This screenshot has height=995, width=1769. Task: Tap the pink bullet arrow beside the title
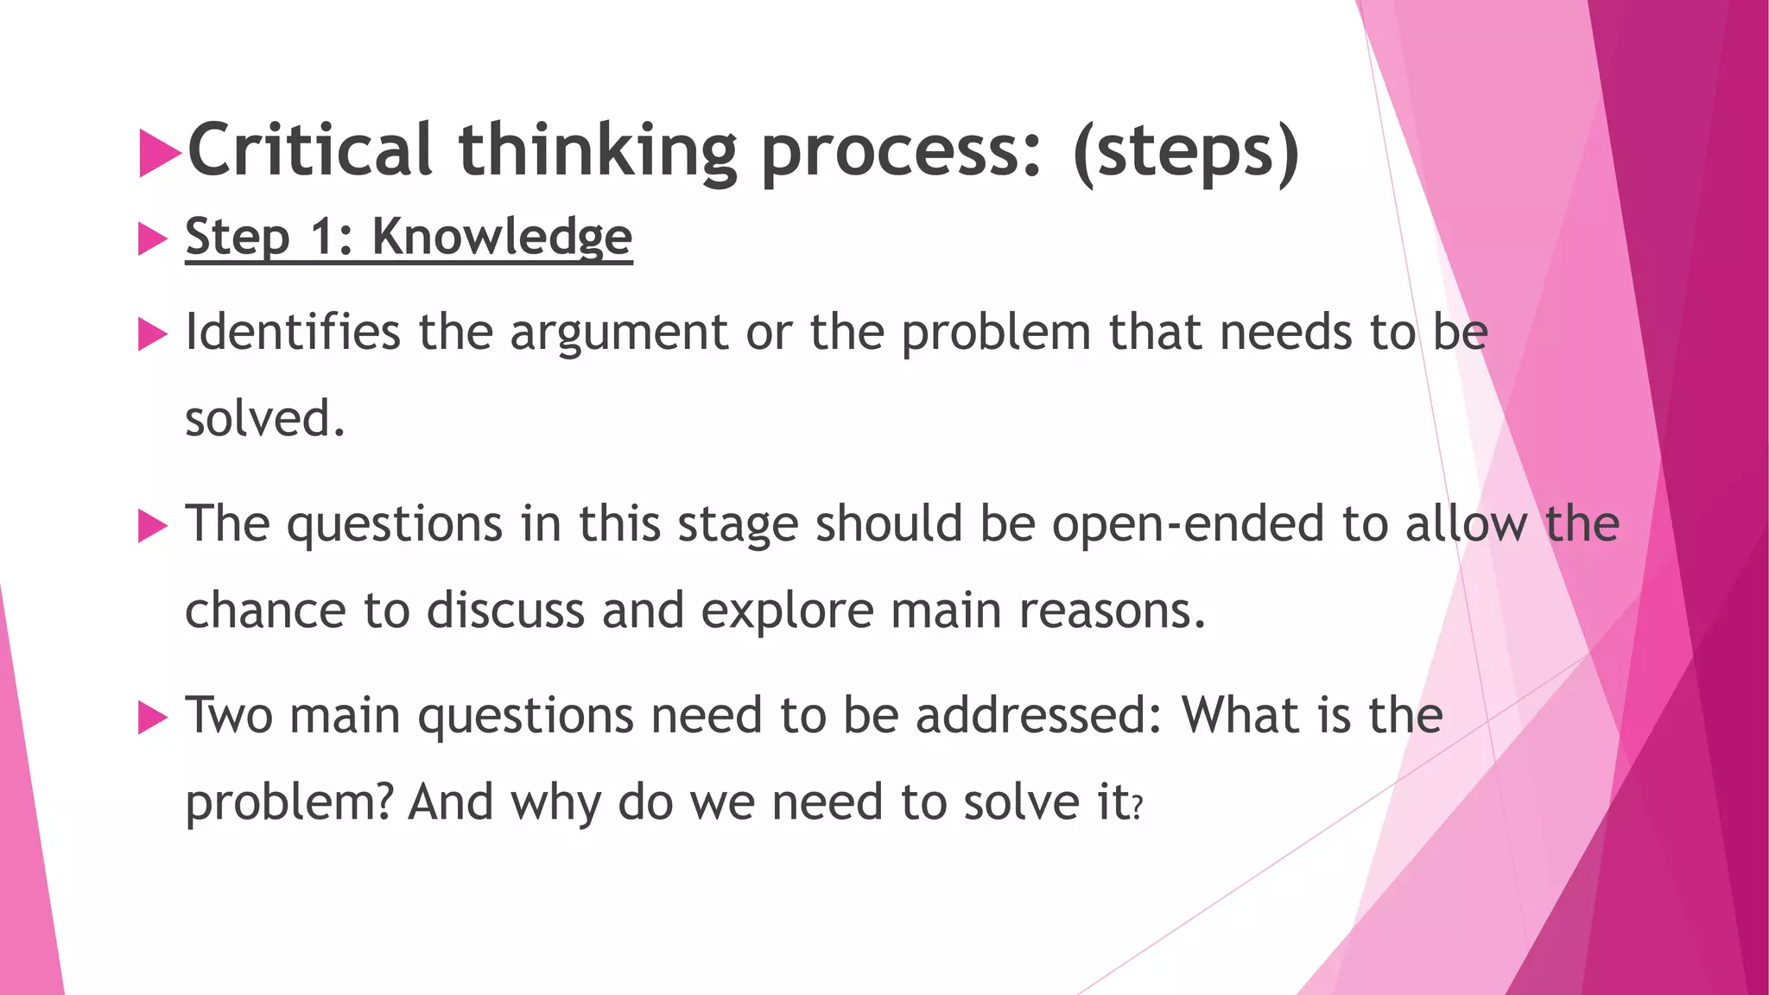click(x=160, y=153)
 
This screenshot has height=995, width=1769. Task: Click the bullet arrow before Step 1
click(x=152, y=238)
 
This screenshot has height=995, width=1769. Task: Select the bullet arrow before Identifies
click(x=152, y=334)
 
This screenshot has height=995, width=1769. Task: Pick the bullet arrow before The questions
click(x=152, y=526)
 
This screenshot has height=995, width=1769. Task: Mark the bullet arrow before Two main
click(x=152, y=718)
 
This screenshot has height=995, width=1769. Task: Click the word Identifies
click(x=293, y=332)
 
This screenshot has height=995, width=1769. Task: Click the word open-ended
click(x=1188, y=524)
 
